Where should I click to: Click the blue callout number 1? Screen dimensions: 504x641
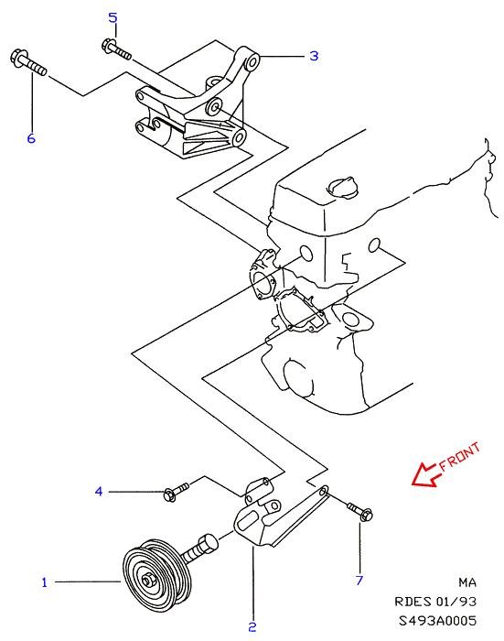45,582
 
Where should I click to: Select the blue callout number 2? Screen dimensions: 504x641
252,627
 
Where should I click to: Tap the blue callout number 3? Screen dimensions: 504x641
314,56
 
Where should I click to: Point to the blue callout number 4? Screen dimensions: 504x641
99,491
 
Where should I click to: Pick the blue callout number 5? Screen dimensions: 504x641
113,17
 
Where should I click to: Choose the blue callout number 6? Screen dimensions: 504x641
31,138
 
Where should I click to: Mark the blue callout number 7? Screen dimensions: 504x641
359,580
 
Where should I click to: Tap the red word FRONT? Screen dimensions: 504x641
459,457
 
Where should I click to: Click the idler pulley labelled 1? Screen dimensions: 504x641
156,575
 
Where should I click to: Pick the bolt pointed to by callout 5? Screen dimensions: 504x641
116,49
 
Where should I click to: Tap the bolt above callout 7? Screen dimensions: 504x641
359,511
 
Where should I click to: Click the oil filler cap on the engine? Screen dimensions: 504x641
343,188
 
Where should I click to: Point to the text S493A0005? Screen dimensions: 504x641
437,621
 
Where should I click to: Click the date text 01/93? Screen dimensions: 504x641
456,602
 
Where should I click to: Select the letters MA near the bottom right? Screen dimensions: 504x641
467,582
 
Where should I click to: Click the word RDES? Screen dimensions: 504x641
413,602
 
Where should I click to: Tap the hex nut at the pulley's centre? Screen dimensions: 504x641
147,580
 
